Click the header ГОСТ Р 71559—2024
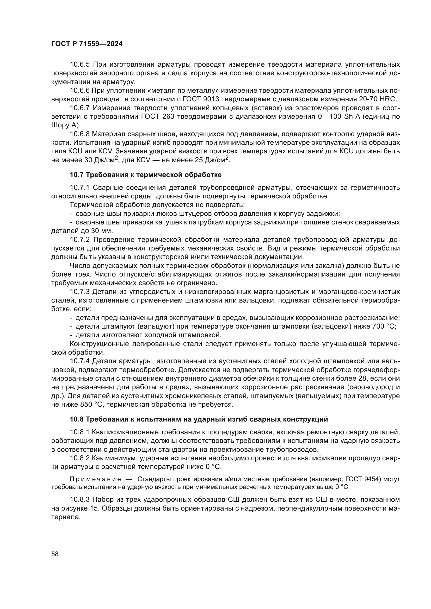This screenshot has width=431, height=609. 87,44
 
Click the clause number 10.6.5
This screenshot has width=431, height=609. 80,65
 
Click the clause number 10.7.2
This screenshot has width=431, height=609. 80,240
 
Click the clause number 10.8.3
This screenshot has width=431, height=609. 80,500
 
